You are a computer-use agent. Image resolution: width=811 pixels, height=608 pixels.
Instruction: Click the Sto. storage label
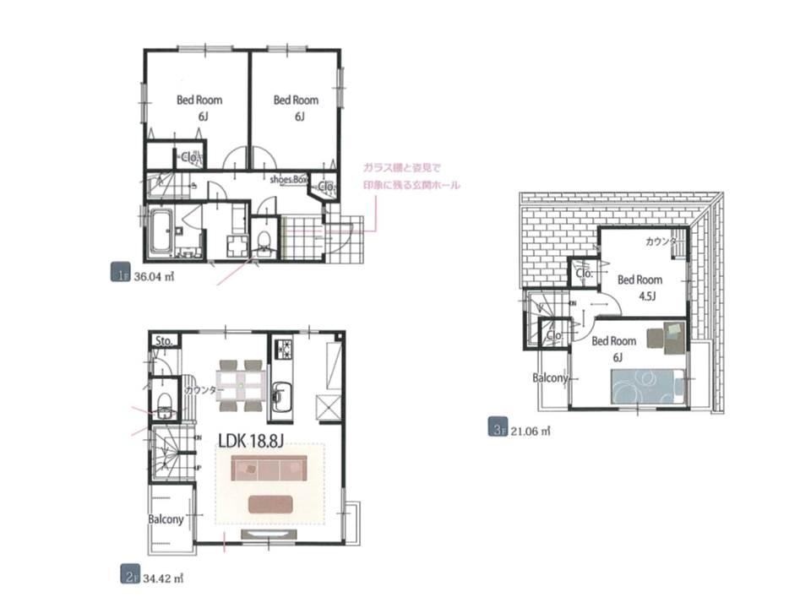(164, 341)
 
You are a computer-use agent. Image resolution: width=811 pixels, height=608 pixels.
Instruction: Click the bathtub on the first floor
(161, 231)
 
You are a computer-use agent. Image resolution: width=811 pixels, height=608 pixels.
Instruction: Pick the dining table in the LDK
(242, 384)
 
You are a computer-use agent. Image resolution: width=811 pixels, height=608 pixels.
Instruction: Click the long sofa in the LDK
(269, 468)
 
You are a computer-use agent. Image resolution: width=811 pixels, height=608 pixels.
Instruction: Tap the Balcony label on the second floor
(166, 519)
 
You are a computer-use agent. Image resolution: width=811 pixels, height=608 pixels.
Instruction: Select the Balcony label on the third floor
(549, 378)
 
